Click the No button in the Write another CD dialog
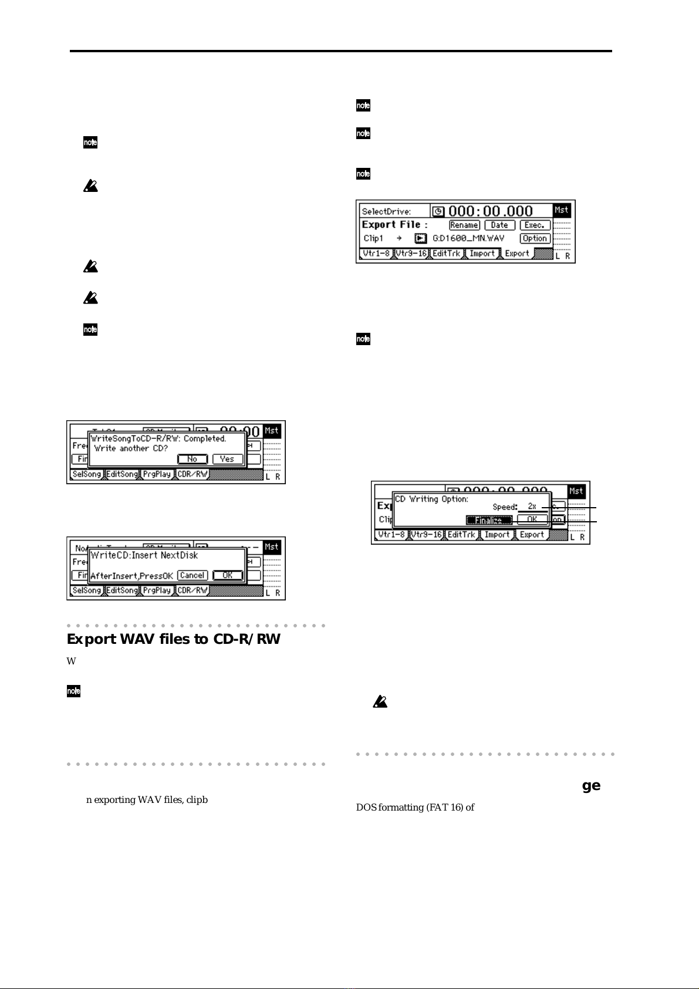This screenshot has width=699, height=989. point(193,459)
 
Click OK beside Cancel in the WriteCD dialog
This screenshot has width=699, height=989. point(228,575)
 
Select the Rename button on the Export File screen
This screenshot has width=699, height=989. point(464,225)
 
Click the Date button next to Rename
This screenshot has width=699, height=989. point(499,225)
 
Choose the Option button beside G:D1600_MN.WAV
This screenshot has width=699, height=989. point(535,238)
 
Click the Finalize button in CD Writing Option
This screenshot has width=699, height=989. point(489,520)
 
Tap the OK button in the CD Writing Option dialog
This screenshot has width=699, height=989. point(532,519)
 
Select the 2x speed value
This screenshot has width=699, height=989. point(532,506)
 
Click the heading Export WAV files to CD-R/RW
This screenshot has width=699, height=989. point(174,639)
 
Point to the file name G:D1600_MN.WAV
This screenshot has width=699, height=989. point(468,238)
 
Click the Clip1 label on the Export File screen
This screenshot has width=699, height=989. point(373,238)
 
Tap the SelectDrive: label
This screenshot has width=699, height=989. point(386,211)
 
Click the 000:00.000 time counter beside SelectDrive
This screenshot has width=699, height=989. point(491,211)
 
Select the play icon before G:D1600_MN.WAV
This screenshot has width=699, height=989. point(420,238)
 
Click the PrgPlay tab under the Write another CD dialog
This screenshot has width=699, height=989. point(157,474)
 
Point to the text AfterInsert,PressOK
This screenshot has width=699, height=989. point(131,576)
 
